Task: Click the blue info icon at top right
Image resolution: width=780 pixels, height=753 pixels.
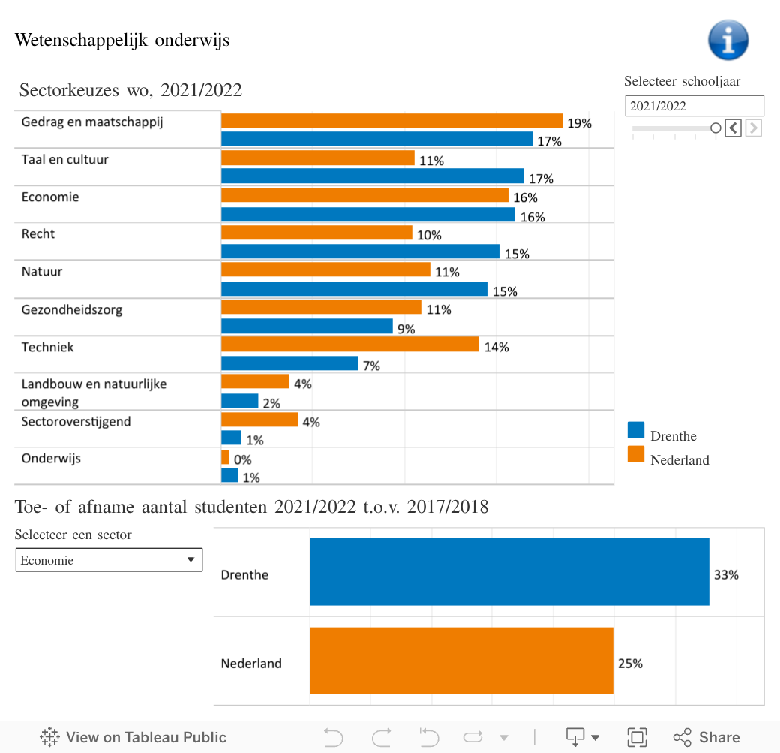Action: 728,40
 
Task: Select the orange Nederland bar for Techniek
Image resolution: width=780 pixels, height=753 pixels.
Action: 349,344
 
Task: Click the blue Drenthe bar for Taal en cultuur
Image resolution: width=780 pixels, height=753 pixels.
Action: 372,176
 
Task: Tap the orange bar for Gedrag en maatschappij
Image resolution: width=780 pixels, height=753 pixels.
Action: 391,121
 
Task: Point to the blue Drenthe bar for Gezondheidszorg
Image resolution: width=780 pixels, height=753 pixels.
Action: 307,326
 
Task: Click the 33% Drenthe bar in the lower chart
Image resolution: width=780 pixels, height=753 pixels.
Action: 509,571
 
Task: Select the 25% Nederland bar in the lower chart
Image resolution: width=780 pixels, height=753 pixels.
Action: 461,661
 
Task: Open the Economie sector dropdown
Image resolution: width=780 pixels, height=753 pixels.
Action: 109,560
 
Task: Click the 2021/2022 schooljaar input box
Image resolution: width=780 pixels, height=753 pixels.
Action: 694,106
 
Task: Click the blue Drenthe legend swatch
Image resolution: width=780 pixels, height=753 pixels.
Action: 636,430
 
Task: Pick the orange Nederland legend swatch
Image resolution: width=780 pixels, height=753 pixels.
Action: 636,454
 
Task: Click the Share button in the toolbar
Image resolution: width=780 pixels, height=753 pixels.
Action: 706,737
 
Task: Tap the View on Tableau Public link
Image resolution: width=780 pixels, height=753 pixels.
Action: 133,737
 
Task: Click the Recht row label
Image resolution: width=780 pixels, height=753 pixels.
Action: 38,234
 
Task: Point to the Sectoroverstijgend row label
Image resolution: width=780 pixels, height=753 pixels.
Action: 76,422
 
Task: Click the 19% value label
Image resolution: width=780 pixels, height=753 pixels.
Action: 579,123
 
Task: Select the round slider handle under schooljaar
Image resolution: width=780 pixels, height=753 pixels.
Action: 715,128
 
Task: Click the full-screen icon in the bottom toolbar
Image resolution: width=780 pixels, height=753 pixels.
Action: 637,737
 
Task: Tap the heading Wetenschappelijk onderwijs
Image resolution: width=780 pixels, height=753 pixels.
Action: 122,40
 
